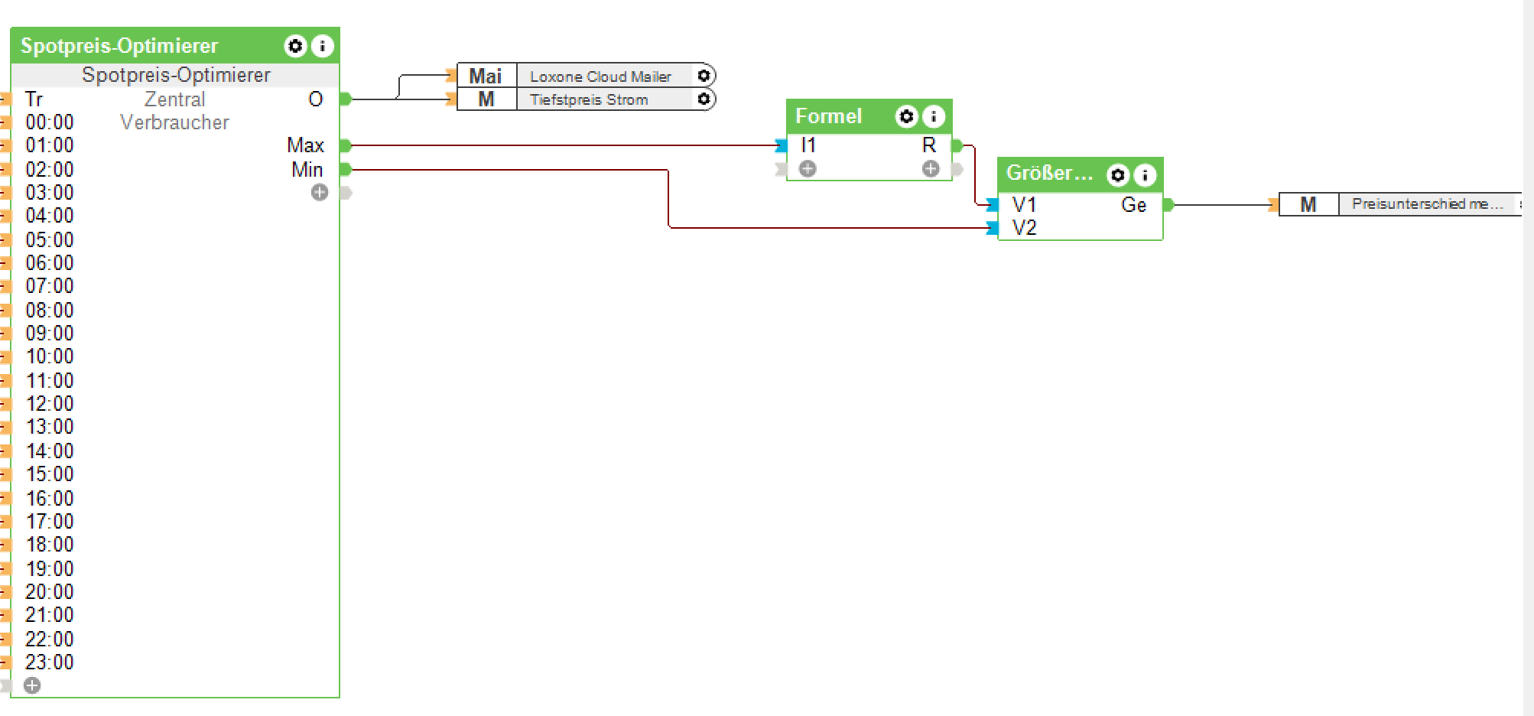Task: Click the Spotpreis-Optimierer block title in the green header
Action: click(119, 46)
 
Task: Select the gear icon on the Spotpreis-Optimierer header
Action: click(295, 46)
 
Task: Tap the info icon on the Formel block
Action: click(934, 116)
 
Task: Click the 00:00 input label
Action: click(50, 122)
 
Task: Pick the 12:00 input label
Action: click(50, 404)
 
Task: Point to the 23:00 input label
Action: click(50, 662)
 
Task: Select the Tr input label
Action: click(34, 99)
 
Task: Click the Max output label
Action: click(305, 145)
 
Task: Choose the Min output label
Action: click(307, 170)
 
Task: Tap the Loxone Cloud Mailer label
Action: click(600, 76)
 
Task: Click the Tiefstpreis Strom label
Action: click(589, 99)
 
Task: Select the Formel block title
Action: click(828, 116)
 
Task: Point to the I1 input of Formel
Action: click(808, 145)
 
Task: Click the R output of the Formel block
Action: click(929, 145)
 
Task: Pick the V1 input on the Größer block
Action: click(1024, 205)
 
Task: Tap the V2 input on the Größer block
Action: click(1024, 228)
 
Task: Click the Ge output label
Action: click(1133, 205)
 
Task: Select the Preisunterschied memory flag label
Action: click(1427, 204)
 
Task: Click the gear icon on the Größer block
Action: click(1118, 175)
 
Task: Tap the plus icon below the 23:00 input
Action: click(32, 685)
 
